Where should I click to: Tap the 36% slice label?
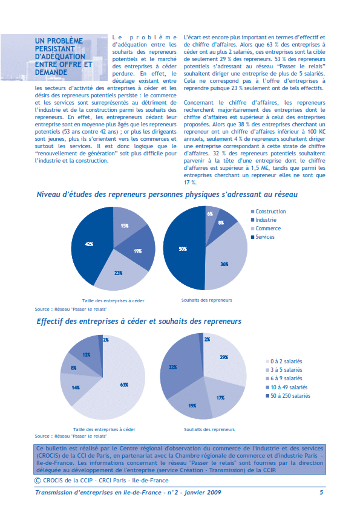click(x=224, y=264)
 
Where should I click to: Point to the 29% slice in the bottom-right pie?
click(x=224, y=358)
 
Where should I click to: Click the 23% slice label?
click(x=120, y=273)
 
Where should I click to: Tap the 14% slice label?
click(x=76, y=387)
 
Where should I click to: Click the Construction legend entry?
click(x=270, y=212)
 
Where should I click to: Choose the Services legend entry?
click(x=265, y=237)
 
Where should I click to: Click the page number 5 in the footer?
click(x=321, y=493)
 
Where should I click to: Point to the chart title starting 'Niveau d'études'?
click(x=166, y=195)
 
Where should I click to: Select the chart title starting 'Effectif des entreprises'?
click(x=139, y=322)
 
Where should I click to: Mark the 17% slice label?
click(x=220, y=398)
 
